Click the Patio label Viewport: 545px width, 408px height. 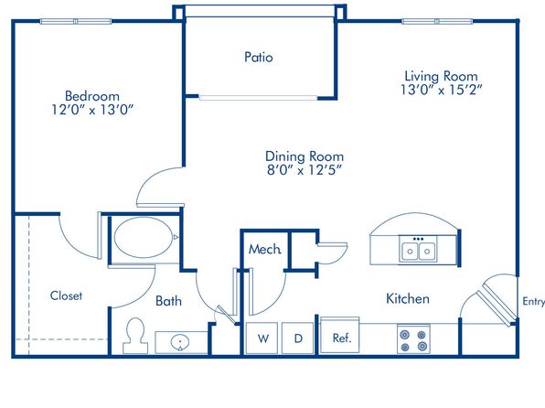tap(258, 57)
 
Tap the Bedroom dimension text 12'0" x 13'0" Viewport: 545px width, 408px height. tap(92, 110)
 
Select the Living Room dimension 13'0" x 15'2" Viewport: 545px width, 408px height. tap(441, 90)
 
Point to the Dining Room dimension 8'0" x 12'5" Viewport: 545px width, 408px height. tap(305, 170)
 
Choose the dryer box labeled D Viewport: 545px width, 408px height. tap(297, 338)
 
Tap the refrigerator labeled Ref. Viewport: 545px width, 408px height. tap(340, 336)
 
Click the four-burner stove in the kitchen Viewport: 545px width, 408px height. tap(413, 339)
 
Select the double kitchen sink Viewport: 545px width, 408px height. tap(418, 249)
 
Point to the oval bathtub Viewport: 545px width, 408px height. tap(144, 238)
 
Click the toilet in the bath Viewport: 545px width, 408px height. tap(135, 336)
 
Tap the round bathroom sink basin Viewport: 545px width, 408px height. tap(180, 342)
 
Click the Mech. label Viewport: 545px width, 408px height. tap(265, 249)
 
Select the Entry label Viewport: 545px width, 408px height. tap(533, 302)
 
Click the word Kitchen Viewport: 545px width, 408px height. tap(408, 299)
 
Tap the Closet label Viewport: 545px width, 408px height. tap(66, 295)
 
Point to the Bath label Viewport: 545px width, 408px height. tap(168, 301)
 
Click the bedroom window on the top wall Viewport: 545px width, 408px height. tap(76, 22)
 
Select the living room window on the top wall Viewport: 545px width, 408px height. tap(437, 22)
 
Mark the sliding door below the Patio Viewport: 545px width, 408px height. tap(258, 98)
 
